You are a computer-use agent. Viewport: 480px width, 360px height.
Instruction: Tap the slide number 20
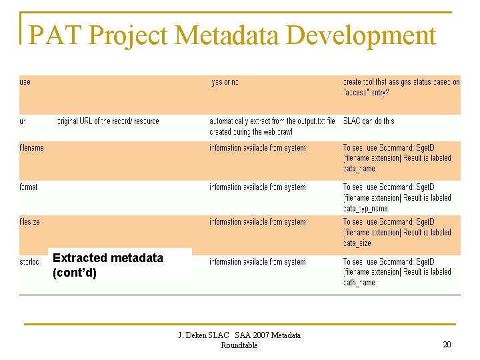point(447,344)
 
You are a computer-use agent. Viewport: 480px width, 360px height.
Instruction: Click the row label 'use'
point(25,82)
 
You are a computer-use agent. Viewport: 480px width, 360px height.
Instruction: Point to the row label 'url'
point(23,121)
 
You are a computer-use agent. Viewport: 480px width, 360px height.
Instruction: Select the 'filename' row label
point(31,147)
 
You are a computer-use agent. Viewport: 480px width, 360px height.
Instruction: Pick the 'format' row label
point(29,187)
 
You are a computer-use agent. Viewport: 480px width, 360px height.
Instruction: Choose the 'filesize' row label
point(29,222)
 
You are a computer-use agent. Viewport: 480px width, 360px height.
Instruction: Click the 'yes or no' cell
point(225,82)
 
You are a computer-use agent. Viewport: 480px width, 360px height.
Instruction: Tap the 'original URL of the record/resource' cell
point(108,121)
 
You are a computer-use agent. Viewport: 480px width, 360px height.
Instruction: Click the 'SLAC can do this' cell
point(369,121)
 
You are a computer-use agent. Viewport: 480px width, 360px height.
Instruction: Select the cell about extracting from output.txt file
point(272,126)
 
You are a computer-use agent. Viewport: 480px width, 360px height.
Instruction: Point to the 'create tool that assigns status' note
point(401,87)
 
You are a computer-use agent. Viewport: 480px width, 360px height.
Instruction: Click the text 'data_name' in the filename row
point(359,169)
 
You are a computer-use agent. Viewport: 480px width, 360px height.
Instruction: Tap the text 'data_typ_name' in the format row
point(365,209)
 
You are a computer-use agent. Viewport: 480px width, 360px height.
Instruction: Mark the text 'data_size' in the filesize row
point(357,243)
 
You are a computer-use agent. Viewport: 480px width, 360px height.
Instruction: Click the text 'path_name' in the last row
point(359,283)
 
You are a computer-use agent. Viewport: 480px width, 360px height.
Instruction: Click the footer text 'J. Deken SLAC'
point(203,335)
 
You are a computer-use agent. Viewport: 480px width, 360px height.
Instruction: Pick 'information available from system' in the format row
point(257,187)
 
